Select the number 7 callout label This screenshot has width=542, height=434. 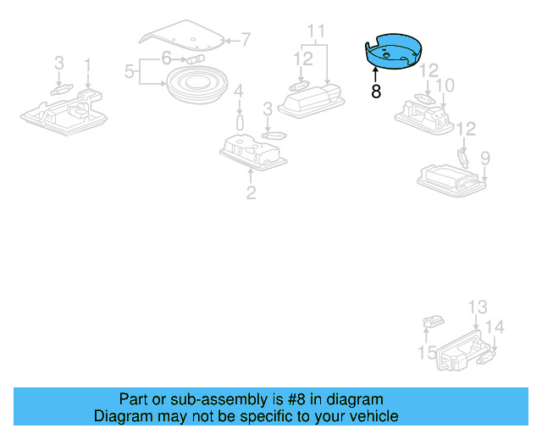pos(246,38)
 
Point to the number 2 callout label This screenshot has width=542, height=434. pos(251,193)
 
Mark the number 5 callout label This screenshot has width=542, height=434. pos(130,72)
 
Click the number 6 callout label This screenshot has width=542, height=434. pos(167,58)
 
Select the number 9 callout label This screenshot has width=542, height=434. pos(485,158)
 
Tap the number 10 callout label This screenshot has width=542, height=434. pos(445,86)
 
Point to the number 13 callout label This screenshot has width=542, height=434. pos(478,306)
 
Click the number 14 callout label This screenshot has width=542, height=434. pos(495,327)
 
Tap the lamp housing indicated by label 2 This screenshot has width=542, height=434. pos(251,153)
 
